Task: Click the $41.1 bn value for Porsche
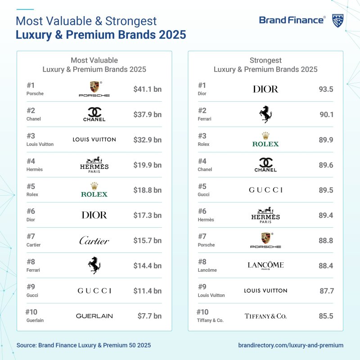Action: [x=147, y=89]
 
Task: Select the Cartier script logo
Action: [x=94, y=241]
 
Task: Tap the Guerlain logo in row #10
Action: [x=94, y=316]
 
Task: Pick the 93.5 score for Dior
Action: [x=325, y=89]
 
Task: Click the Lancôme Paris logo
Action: [x=265, y=265]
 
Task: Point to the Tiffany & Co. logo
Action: [x=265, y=316]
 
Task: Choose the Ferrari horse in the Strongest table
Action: [x=265, y=114]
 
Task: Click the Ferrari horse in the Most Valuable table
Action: [x=94, y=265]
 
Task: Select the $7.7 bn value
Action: [x=149, y=316]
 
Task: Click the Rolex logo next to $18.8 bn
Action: [x=94, y=190]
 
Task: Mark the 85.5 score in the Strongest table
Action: [x=325, y=316]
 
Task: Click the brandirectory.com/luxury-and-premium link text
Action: [x=290, y=345]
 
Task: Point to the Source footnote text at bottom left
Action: [x=84, y=345]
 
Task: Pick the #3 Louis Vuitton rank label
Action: [x=40, y=139]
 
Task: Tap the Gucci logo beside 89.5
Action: [x=265, y=190]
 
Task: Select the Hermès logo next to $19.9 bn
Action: [x=94, y=165]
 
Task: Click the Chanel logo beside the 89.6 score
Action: [x=265, y=165]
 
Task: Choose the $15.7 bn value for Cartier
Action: [x=147, y=241]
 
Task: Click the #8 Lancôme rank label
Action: [x=207, y=265]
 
